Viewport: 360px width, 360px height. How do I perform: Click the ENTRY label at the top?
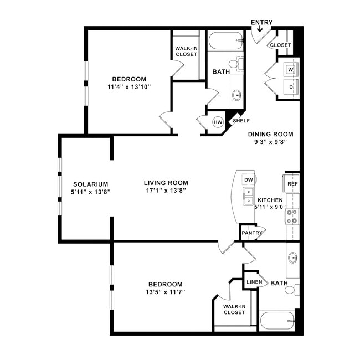261,23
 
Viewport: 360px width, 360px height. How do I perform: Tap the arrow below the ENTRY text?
261,29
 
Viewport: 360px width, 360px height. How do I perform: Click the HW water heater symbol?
218,122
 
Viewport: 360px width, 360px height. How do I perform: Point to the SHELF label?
241,120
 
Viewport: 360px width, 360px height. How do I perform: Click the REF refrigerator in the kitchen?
292,184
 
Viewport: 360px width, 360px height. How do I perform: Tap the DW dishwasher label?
249,180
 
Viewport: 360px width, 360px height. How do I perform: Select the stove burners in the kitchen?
292,217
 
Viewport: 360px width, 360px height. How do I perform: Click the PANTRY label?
251,233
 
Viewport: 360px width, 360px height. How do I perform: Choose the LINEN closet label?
254,282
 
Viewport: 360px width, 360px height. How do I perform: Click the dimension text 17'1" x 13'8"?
166,191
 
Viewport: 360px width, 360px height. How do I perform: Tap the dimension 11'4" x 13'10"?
128,87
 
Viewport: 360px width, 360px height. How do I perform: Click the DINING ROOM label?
270,134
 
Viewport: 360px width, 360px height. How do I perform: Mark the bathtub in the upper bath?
225,41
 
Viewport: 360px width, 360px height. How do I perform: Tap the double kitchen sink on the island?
248,195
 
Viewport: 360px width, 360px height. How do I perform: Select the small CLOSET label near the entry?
280,45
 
